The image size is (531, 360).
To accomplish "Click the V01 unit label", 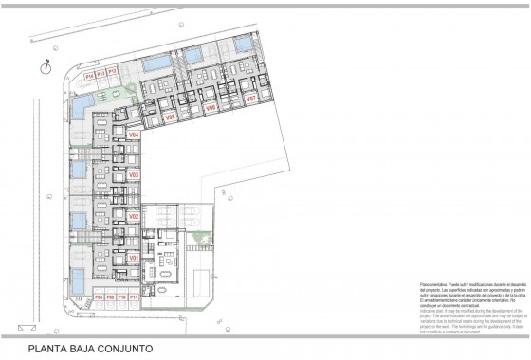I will pos(134,258).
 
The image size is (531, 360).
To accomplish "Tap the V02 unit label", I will pos(134,217).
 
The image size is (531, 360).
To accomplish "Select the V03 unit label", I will pos(134,175).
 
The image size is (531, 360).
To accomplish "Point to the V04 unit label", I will pos(134,135).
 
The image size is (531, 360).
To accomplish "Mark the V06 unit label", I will pos(211,108).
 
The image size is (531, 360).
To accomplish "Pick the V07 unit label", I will pos(251,99).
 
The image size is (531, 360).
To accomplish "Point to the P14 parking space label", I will pos(89,74).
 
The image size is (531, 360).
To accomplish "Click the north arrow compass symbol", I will pos(45,66).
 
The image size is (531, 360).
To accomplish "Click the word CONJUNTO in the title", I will pos(120,349).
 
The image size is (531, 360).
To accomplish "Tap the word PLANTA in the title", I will pos(46,349).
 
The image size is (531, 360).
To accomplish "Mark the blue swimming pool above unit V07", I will pos(244,45).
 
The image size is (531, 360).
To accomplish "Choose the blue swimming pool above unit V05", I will pos(158,63).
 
